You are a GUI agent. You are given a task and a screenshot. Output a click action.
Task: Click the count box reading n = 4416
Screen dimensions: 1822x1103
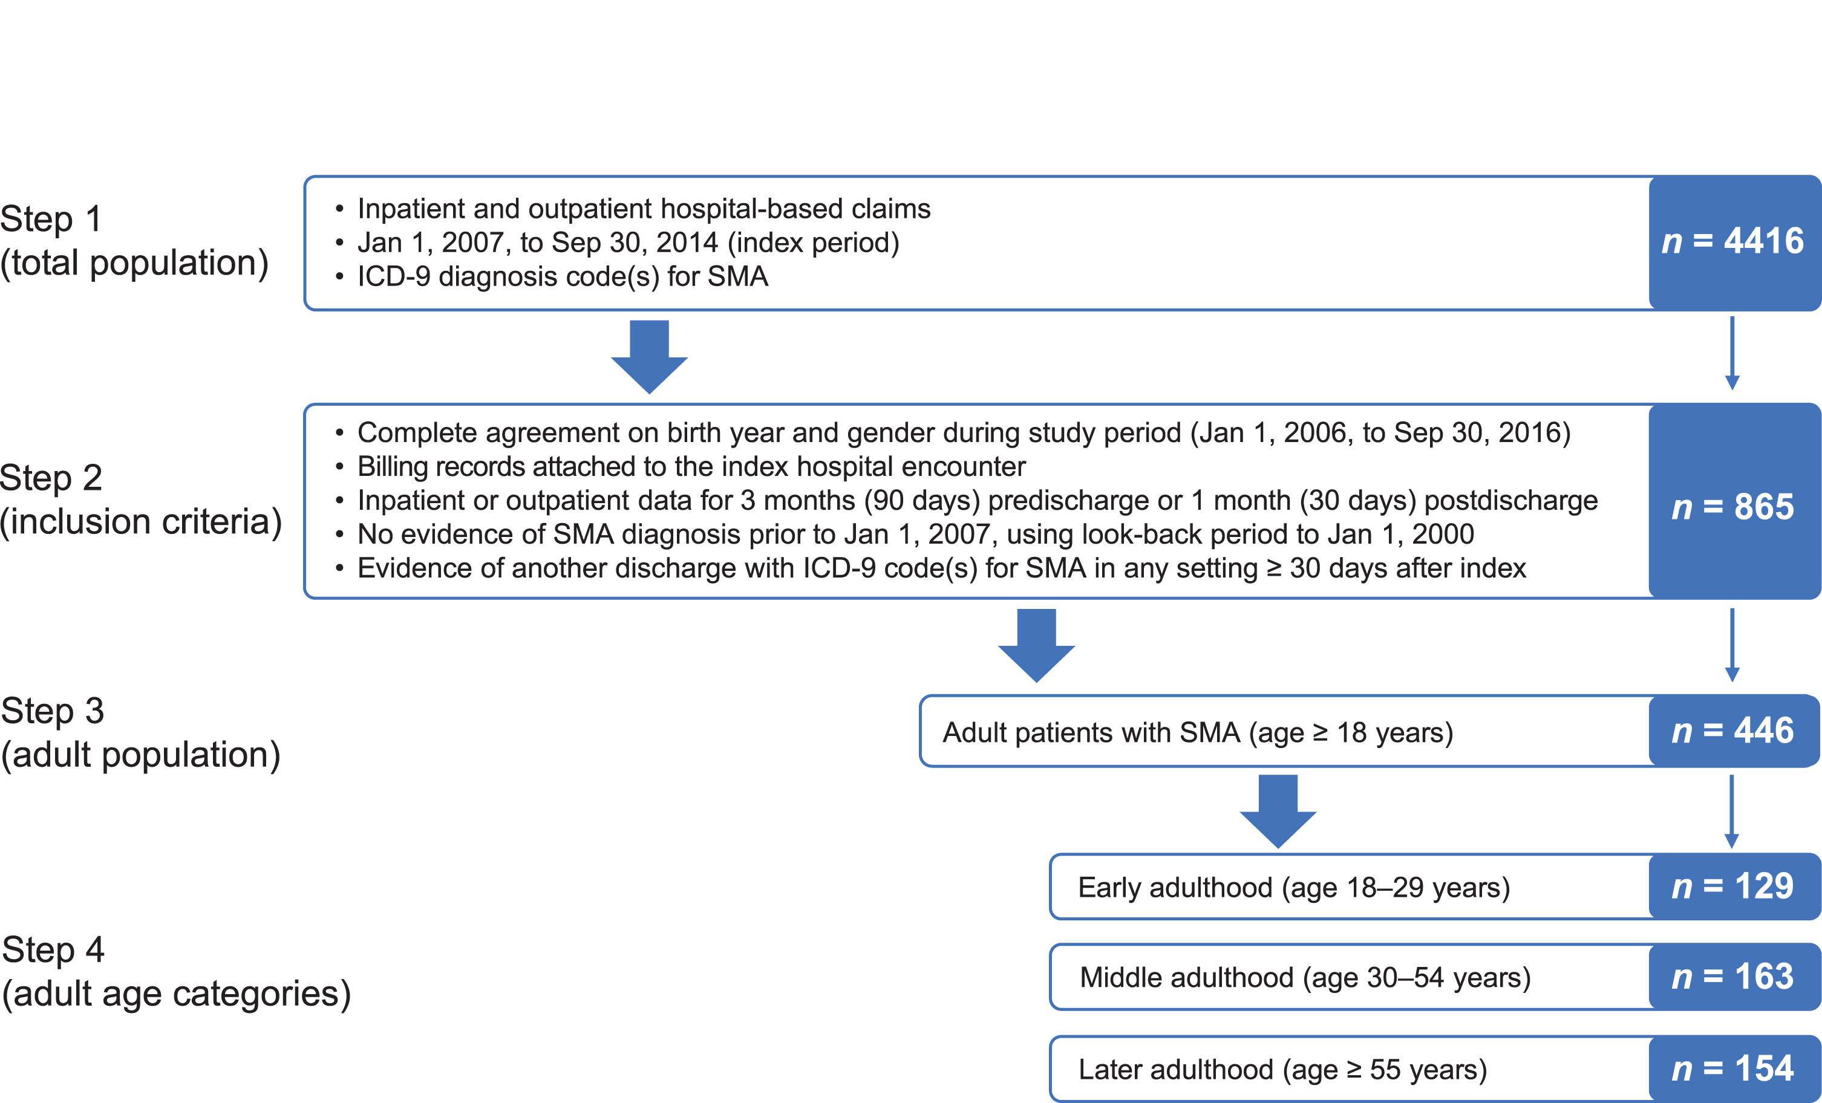click(1735, 242)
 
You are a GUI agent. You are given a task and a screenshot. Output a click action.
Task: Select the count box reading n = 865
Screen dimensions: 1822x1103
click(1735, 501)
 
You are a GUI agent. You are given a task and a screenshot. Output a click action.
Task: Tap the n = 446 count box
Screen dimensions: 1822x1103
click(1735, 731)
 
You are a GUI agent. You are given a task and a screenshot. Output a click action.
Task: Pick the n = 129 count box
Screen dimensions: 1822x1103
click(1735, 887)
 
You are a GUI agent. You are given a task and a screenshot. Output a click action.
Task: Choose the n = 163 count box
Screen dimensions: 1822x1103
click(1735, 977)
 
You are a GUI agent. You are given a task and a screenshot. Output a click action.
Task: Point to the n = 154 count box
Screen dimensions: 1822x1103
click(1735, 1069)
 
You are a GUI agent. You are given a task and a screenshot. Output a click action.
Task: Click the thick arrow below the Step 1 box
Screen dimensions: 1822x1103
click(649, 357)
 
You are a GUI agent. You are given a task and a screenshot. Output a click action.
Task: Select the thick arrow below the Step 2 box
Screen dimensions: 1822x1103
click(1037, 645)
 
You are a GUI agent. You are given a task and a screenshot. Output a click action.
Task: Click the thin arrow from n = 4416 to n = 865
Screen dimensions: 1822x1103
click(1732, 353)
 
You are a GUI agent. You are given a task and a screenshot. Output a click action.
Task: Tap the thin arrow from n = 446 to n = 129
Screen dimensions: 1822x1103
click(1732, 811)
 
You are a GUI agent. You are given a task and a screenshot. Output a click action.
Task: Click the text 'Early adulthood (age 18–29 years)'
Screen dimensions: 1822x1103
click(1294, 887)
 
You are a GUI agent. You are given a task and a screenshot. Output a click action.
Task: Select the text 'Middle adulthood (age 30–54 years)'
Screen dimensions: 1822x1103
click(1305, 977)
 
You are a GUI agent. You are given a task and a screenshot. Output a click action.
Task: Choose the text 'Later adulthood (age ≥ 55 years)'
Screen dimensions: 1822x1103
click(1283, 1069)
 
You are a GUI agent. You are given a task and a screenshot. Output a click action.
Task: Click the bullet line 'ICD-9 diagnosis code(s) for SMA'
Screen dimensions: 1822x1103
click(552, 276)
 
